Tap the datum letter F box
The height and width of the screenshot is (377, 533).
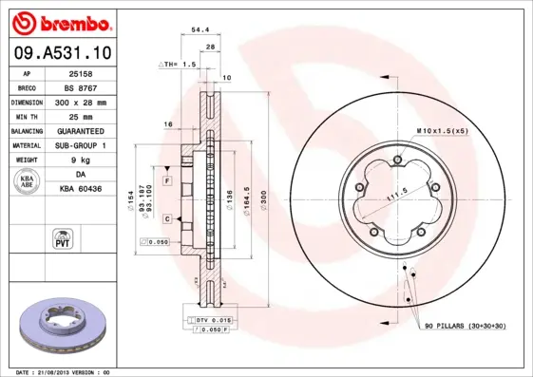[x=166, y=180]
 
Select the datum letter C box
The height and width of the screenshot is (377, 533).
[x=166, y=219]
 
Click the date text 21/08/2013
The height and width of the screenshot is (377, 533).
[x=63, y=371]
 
